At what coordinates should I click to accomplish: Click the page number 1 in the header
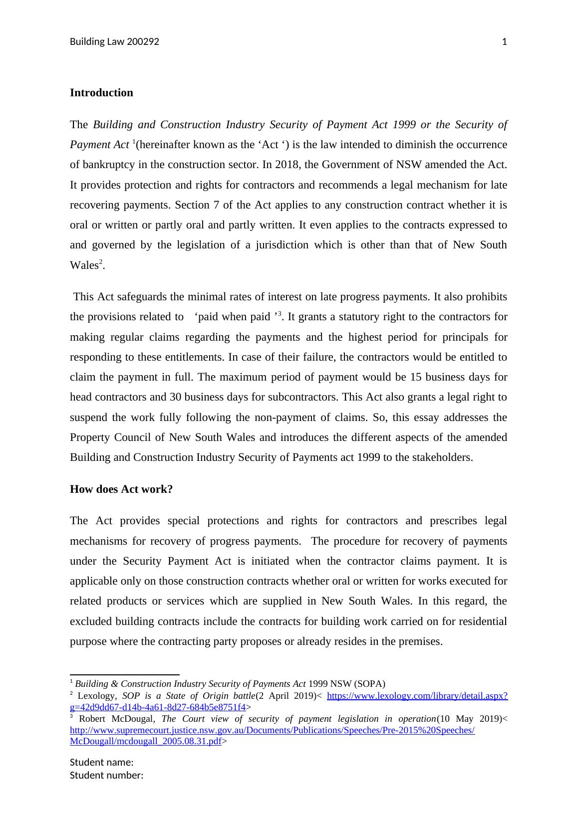tap(504, 42)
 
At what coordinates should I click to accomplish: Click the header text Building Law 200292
tap(114, 42)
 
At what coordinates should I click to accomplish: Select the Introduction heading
tap(101, 93)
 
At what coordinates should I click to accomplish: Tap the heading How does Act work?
tap(121, 489)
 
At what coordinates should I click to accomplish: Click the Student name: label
tap(101, 762)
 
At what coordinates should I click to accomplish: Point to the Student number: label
tap(106, 775)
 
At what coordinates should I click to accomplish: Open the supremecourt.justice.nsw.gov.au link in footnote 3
tap(272, 730)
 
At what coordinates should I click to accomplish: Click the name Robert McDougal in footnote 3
tap(117, 719)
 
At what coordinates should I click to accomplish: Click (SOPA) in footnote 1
tap(370, 684)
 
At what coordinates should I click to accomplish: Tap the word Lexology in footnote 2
tap(97, 696)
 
